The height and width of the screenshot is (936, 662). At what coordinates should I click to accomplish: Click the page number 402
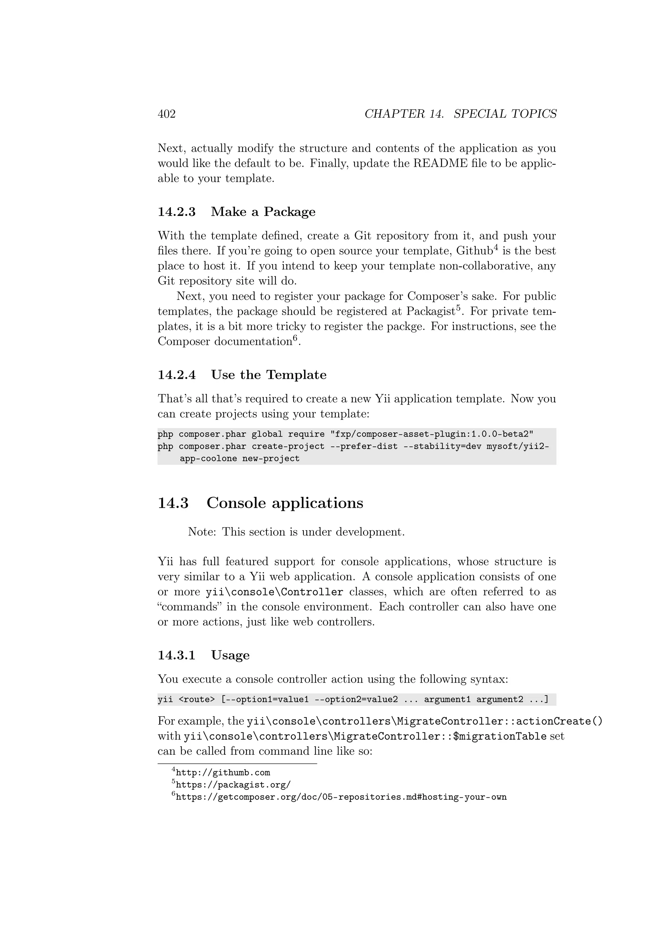(166, 114)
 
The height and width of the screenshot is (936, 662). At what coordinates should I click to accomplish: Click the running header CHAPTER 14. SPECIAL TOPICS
(460, 114)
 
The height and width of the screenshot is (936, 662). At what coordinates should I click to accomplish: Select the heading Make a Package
(263, 212)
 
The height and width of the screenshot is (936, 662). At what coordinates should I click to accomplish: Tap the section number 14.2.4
(176, 375)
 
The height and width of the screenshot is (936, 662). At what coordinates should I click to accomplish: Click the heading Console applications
(284, 503)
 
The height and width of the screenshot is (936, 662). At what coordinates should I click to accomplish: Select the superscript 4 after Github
(496, 247)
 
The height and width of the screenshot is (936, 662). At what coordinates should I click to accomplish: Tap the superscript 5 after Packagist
(458, 307)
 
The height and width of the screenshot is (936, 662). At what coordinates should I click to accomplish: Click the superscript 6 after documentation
(295, 337)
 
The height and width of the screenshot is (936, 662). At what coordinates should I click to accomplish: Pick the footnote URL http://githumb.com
(223, 772)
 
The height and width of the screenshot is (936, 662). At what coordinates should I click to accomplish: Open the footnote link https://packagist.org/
(233, 785)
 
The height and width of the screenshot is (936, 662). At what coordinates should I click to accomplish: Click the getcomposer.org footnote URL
(341, 797)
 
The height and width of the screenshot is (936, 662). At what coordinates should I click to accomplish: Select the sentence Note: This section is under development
(296, 532)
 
